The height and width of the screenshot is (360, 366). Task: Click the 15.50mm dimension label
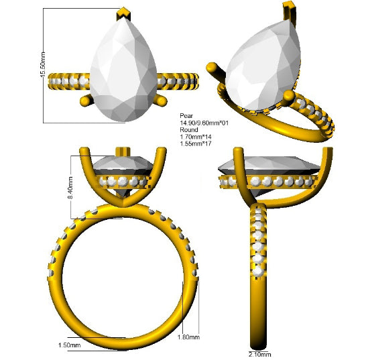click(x=43, y=64)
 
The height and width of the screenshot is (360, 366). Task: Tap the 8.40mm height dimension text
click(x=70, y=188)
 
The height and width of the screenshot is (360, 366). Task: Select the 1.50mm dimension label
click(x=69, y=345)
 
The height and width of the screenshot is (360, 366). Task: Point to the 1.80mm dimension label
click(x=188, y=337)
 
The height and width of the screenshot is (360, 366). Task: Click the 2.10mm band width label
click(x=260, y=355)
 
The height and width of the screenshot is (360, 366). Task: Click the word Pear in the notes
click(x=186, y=116)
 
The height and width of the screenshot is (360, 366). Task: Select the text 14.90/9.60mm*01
click(x=204, y=123)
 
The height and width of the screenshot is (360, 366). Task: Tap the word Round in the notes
click(x=189, y=130)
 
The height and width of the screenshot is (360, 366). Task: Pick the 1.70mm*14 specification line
click(x=196, y=137)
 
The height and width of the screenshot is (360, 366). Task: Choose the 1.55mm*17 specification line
click(x=196, y=143)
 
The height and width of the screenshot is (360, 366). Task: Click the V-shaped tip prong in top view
click(x=124, y=13)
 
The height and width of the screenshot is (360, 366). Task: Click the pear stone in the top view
click(x=124, y=70)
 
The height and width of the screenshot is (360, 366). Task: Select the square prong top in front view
click(x=123, y=151)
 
